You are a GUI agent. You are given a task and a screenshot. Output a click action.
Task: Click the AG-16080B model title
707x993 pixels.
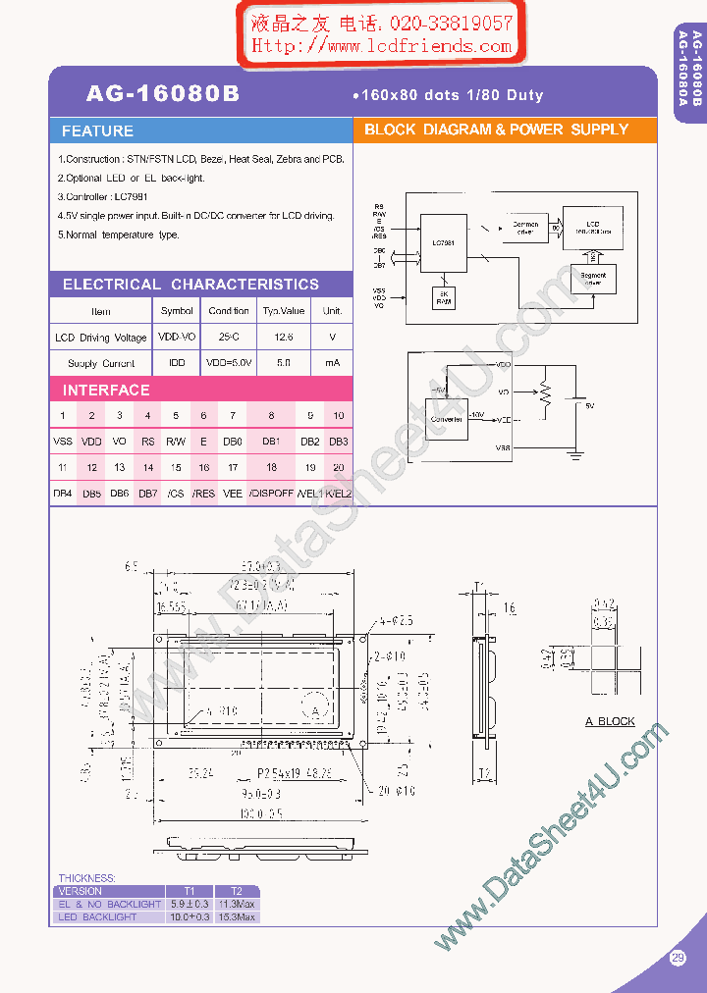[x=162, y=94]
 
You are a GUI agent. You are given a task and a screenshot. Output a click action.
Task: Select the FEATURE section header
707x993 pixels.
[x=97, y=131]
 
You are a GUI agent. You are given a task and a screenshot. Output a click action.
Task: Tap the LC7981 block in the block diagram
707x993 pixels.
[x=444, y=242]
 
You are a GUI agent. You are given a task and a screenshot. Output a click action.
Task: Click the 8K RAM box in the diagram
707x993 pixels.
[x=444, y=298]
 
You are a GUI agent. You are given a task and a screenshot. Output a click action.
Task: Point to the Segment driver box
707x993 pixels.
[x=592, y=279]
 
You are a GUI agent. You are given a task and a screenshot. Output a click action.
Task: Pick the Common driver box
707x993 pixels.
[x=525, y=228]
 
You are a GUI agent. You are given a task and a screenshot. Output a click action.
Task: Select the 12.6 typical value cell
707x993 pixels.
[x=283, y=337]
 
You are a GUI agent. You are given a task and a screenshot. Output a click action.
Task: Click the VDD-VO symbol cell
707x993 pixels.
[x=177, y=337]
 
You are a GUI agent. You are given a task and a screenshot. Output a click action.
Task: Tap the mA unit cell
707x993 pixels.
[x=333, y=363]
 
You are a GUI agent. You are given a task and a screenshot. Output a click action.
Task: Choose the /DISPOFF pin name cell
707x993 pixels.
[x=271, y=494]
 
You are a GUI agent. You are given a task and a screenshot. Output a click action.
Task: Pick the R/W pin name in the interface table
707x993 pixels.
[x=176, y=442]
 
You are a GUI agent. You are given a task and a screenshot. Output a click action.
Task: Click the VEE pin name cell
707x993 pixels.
[x=232, y=494]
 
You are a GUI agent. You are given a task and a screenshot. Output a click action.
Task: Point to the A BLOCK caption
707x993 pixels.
[x=610, y=721]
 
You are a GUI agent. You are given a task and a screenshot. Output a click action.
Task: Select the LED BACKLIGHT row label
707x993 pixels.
[x=97, y=916]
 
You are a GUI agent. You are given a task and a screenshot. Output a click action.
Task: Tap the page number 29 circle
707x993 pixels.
[x=678, y=959]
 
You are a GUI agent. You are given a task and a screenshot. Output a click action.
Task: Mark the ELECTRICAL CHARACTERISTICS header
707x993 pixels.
[x=190, y=285]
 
